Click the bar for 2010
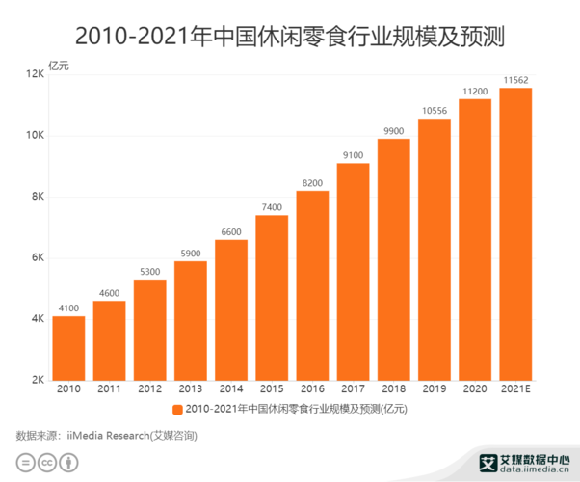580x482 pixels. (x=68, y=348)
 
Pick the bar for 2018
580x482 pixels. (x=393, y=259)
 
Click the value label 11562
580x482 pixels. (x=515, y=80)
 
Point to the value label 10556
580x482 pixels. (x=435, y=111)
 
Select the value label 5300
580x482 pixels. (x=149, y=272)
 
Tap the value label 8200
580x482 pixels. (x=312, y=183)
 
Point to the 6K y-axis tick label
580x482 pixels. (x=38, y=257)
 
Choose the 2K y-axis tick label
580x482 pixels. (x=38, y=380)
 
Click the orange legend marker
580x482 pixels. (x=177, y=410)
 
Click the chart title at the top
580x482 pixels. (x=290, y=36)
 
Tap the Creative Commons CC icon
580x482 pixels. (x=45, y=463)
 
